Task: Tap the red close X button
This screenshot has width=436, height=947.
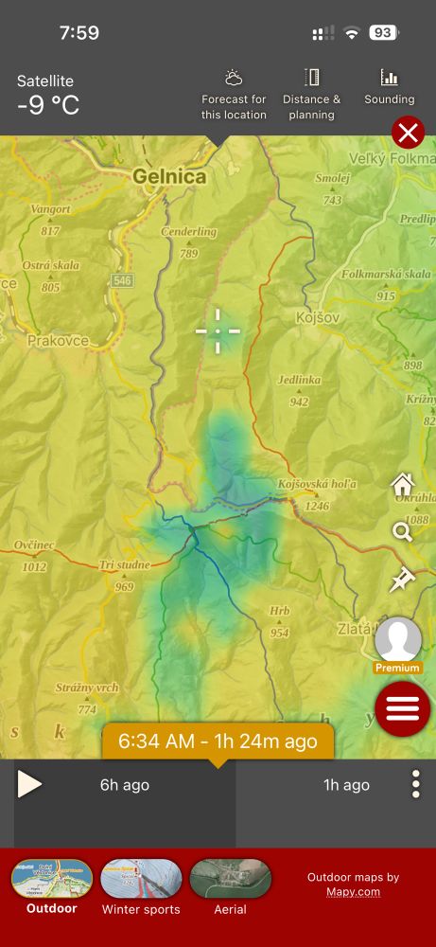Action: point(408,134)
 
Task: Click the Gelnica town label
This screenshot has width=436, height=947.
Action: point(168,176)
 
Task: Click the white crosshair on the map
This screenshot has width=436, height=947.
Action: point(218,331)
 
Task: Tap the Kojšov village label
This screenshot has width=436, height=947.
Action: point(316,318)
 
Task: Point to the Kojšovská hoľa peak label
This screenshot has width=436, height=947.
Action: point(318,485)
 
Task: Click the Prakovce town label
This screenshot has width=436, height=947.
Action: point(58,341)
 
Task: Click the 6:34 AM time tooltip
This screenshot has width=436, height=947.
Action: point(218,741)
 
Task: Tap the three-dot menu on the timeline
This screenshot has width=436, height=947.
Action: point(415,784)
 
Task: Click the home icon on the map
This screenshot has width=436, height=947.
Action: point(403,485)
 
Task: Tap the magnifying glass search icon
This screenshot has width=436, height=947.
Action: point(403,531)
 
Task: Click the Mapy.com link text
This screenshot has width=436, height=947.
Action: point(353,892)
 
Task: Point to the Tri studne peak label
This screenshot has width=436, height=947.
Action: point(124,565)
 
